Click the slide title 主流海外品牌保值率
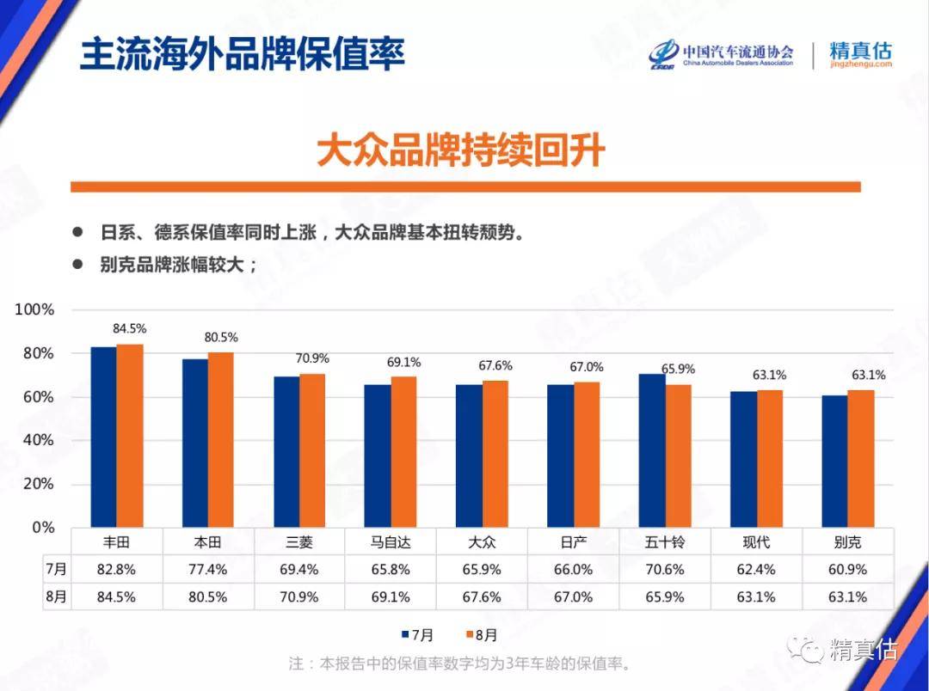pos(242,53)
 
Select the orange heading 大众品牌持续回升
pos(461,150)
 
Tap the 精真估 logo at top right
pos(859,53)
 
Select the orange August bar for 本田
pos(221,439)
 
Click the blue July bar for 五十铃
pos(652,450)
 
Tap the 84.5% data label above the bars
pos(130,328)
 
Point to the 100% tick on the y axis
pos(35,309)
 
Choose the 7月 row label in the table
pos(56,569)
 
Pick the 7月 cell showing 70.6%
pos(665,569)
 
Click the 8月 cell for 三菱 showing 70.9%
pos(299,596)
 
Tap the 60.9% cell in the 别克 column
pos(847,569)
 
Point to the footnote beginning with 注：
pos(460,663)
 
